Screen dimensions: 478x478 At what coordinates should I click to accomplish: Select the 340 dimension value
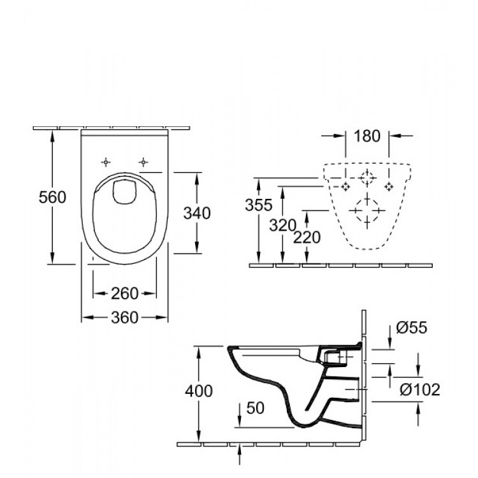197,213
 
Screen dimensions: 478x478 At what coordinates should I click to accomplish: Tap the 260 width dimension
125,293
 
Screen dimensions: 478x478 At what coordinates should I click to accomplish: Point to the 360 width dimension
125,317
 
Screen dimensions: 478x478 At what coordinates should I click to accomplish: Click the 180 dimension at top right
366,136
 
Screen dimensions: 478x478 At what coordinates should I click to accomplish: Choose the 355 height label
259,205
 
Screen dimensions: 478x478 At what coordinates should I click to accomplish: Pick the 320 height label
282,224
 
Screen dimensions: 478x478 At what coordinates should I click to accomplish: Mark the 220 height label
308,236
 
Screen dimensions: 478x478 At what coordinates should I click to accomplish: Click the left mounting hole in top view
106,161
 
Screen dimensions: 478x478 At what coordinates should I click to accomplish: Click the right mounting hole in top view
144,161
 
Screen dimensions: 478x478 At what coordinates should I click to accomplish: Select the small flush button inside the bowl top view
125,192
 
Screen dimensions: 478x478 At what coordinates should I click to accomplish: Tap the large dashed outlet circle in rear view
367,210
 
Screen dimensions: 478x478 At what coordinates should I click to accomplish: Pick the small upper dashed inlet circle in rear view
367,178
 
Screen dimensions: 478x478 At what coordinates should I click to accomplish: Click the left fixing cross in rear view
346,186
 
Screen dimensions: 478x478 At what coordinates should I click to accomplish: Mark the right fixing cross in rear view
388,186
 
